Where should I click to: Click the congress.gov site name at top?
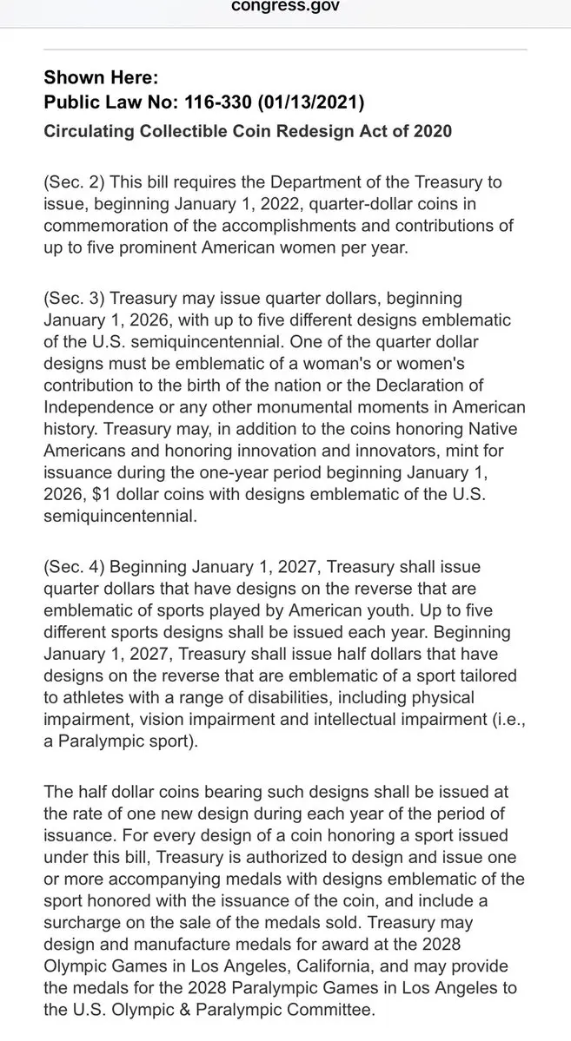(285, 7)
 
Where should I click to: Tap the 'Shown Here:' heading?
(101, 77)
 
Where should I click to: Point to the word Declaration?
(442, 384)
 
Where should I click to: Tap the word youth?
(375, 611)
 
